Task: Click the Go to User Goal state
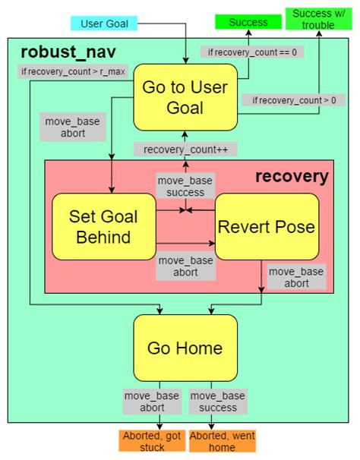pyautogui.click(x=185, y=97)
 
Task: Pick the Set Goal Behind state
pyautogui.click(x=103, y=226)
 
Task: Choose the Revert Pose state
pyautogui.click(x=266, y=226)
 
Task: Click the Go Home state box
pyautogui.click(x=185, y=348)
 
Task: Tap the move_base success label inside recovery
pyautogui.click(x=185, y=187)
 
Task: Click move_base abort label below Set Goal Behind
pyautogui.click(x=185, y=267)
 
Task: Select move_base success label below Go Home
pyautogui.click(x=217, y=402)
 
